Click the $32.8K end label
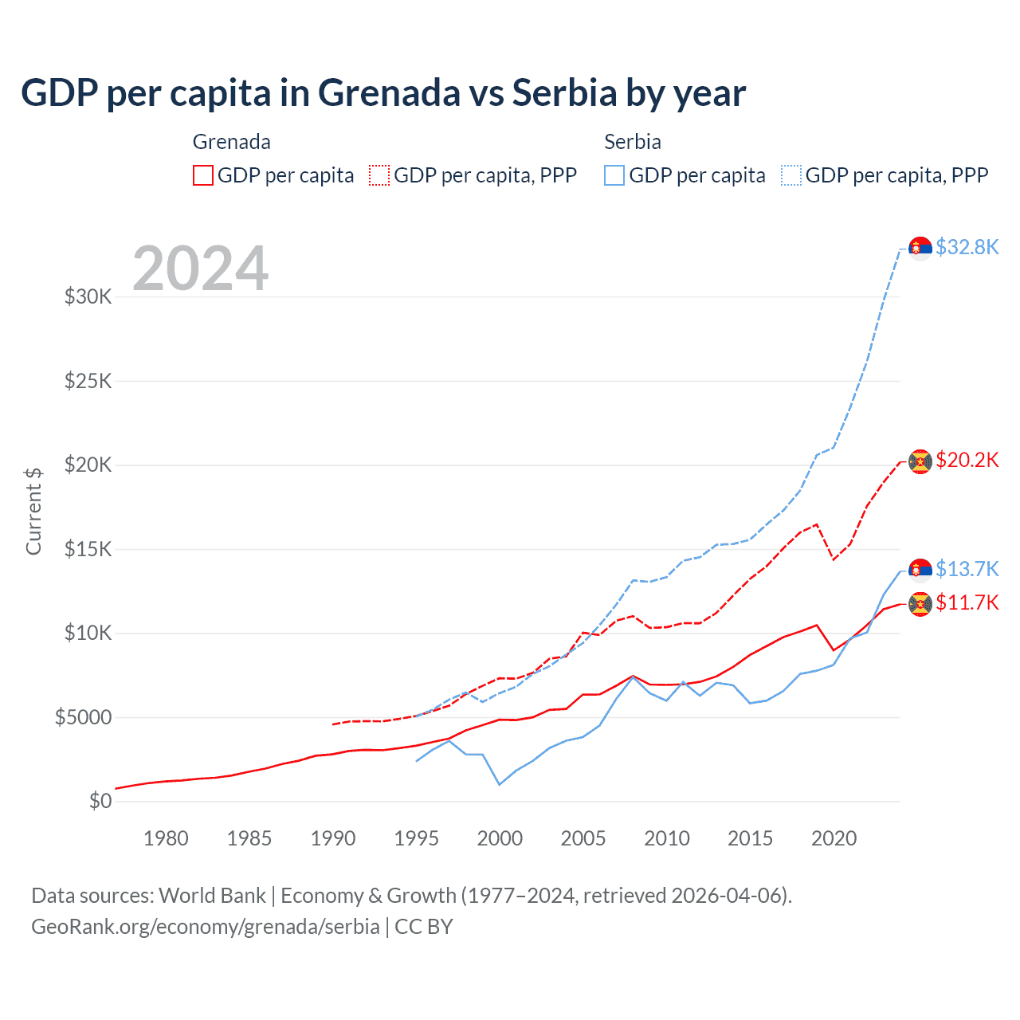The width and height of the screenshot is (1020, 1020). point(967,247)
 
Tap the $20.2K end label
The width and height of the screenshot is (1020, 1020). point(967,460)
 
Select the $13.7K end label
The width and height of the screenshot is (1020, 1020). point(967,569)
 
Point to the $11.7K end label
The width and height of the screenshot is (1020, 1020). point(967,602)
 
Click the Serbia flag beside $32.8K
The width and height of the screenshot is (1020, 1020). point(920,249)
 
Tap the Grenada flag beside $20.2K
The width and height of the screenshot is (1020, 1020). point(920,461)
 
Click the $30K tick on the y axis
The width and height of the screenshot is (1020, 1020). point(88,297)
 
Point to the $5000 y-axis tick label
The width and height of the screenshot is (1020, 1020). point(83,717)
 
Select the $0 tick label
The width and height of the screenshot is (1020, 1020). point(100,801)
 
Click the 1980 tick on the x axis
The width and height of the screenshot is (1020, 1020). point(166,838)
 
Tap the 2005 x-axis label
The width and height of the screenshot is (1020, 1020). point(583,838)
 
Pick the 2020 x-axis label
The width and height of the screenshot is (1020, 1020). point(834,838)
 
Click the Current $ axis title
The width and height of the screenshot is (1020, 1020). point(33,511)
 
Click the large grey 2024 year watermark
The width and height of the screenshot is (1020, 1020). point(200,269)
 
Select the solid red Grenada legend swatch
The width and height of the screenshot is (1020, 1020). point(203,175)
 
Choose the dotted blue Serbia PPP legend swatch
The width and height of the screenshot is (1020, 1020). point(791,175)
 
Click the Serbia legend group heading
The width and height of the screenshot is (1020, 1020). point(633,142)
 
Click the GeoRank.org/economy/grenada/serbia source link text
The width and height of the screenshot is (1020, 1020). point(206,927)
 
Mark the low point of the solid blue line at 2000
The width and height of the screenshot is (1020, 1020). point(500,785)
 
